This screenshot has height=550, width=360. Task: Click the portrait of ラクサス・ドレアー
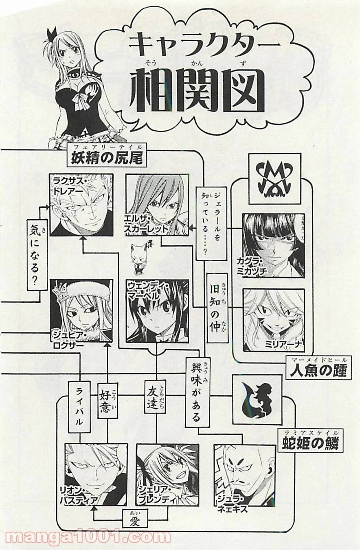click(81, 205)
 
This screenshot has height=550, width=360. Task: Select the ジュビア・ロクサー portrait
click(81, 310)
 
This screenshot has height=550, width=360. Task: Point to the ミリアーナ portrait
click(274, 320)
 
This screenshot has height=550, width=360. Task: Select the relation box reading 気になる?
click(37, 254)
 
